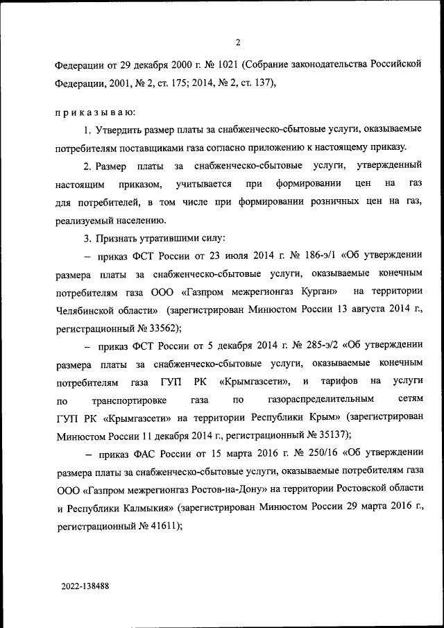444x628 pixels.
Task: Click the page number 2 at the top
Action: pos(238,43)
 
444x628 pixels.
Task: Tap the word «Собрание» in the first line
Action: pos(273,65)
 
